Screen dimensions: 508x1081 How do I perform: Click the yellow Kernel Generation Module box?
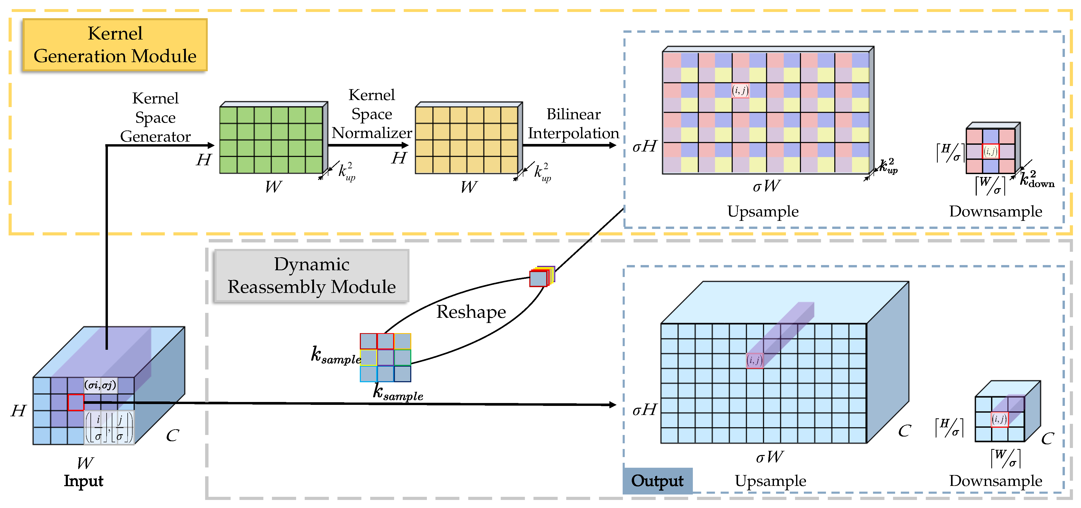coord(115,44)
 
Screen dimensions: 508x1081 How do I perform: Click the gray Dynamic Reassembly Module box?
coord(311,276)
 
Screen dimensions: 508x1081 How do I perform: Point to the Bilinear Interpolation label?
coord(573,123)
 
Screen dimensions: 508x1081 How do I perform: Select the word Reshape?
coord(471,312)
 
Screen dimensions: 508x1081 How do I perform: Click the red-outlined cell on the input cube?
coord(76,402)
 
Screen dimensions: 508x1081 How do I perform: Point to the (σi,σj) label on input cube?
coord(100,385)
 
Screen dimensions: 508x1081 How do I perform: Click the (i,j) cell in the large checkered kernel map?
coord(740,90)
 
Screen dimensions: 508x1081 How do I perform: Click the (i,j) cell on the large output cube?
coord(754,360)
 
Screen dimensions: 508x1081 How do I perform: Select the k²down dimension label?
coord(1037,179)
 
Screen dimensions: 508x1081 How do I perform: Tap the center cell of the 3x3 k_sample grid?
coord(385,357)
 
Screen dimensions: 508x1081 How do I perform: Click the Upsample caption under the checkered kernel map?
coord(763,211)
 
